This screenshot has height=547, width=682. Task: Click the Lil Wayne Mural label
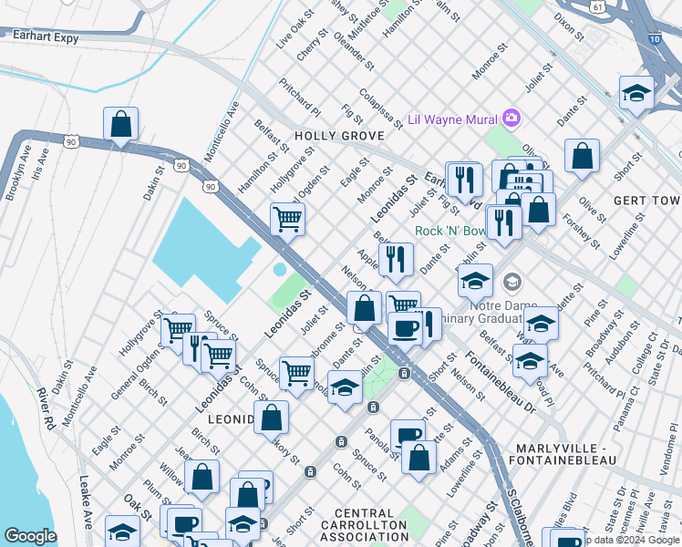[x=451, y=119]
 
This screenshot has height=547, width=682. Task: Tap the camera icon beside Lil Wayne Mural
[x=511, y=119]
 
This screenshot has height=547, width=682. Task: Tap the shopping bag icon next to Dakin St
[x=120, y=124]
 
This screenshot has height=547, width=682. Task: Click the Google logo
[x=30, y=536]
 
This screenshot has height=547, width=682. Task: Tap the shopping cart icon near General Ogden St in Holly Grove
[x=287, y=218]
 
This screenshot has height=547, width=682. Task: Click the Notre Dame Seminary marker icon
[x=512, y=280]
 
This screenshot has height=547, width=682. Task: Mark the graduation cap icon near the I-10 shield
[x=635, y=92]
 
